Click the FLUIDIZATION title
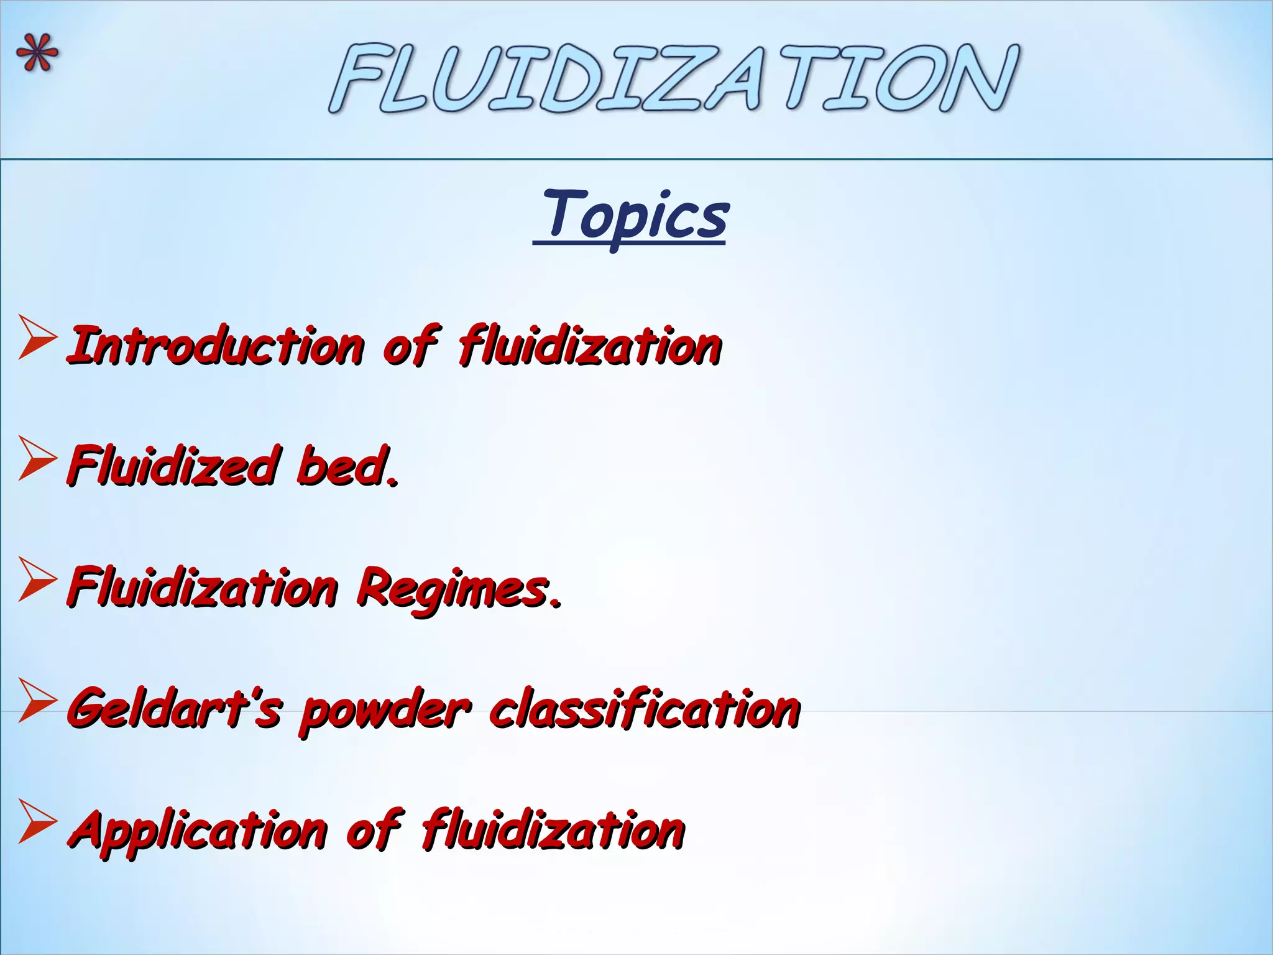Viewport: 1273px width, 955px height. coord(674,78)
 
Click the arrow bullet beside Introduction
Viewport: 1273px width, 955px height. coord(37,338)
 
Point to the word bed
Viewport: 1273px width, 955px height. coord(347,466)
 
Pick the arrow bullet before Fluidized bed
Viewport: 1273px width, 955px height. coord(37,459)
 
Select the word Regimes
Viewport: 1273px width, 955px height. coord(458,588)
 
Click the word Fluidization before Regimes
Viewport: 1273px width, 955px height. coord(203,588)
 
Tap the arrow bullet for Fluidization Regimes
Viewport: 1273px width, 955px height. coord(37,579)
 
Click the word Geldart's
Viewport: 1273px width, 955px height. coord(174,709)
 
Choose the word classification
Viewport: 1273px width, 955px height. coord(645,709)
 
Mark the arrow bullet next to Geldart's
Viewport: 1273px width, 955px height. coord(37,701)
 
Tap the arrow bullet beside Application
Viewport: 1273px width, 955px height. coord(37,822)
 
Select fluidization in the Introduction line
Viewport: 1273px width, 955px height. coord(590,346)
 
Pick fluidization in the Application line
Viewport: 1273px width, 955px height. coord(553,831)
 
